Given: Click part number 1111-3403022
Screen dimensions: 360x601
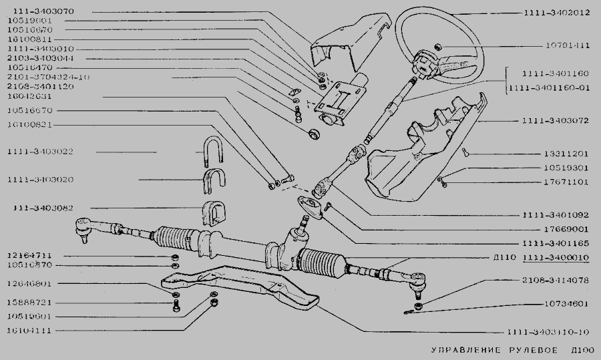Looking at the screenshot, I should click(x=41, y=152).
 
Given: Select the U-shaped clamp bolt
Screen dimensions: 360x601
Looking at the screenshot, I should click(x=212, y=152).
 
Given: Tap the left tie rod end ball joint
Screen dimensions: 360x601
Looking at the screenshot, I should click(x=83, y=228).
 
